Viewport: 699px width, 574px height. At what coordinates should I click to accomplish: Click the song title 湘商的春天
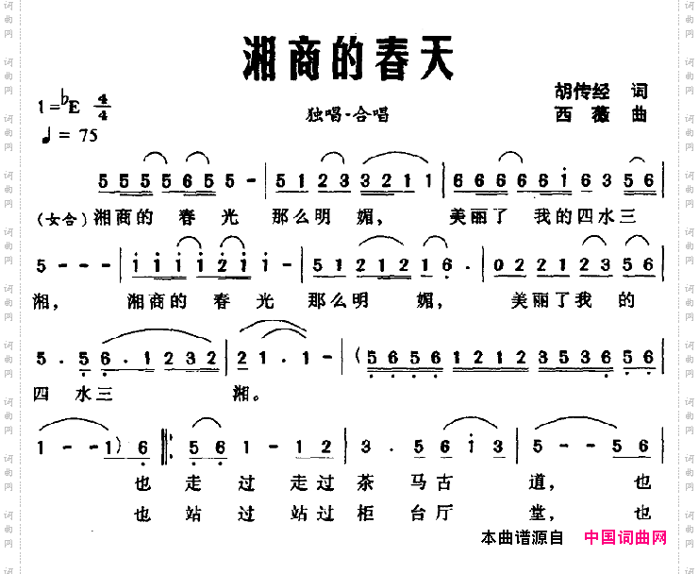348,59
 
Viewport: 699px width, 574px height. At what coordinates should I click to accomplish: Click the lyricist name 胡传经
582,92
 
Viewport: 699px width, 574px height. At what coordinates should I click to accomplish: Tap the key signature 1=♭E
61,104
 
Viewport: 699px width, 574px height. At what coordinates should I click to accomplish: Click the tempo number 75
89,135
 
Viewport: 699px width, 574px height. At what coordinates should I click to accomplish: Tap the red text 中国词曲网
624,538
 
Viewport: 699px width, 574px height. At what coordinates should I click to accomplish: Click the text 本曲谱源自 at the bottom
521,538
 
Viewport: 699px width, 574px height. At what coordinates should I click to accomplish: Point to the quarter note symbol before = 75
45,135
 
